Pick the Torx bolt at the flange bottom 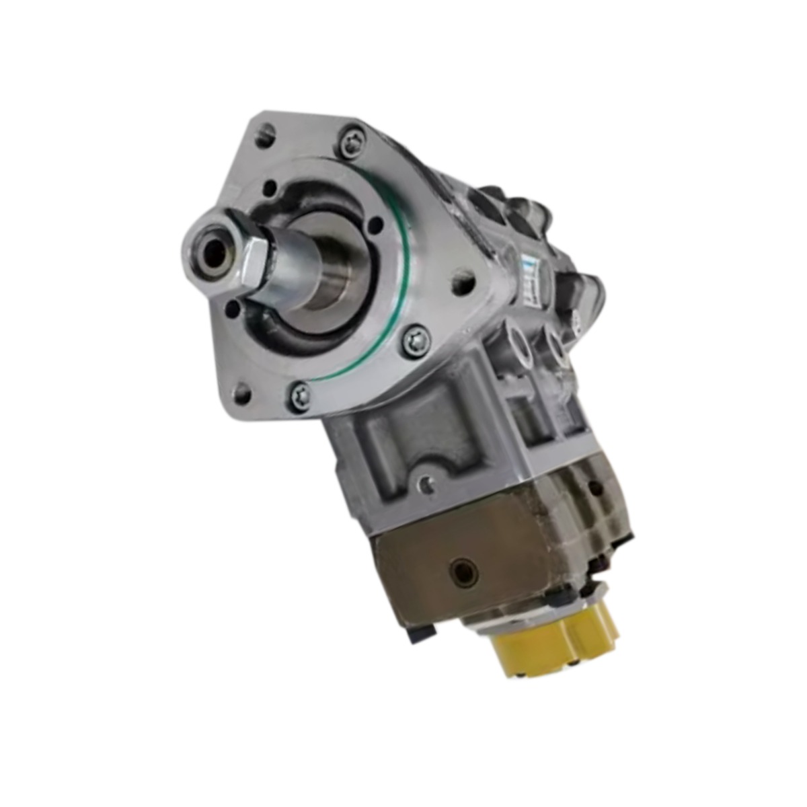[x=300, y=395]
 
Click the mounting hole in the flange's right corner [x=461, y=282]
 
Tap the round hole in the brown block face [x=465, y=572]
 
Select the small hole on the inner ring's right [x=377, y=225]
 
